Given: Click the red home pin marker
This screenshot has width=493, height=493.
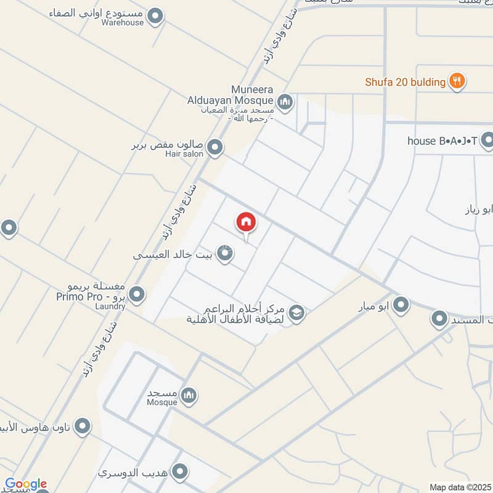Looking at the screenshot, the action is tap(246, 222).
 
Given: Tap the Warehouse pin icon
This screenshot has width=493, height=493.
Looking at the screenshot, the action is tap(157, 17).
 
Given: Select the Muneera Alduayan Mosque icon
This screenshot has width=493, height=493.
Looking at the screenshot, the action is tap(284, 102).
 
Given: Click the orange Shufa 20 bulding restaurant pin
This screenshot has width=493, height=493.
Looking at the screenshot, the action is tap(457, 81).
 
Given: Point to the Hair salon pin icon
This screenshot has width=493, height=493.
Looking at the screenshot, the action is tap(214, 147).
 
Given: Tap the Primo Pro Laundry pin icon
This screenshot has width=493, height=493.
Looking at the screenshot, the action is tap(137, 295).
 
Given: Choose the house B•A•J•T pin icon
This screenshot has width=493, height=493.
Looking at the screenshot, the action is tap(487, 141).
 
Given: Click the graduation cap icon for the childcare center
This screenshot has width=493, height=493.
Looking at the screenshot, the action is tap(296, 313).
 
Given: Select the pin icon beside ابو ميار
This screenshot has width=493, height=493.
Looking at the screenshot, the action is tap(401, 304).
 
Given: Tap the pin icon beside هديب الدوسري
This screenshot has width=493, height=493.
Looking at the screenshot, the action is tap(180, 472).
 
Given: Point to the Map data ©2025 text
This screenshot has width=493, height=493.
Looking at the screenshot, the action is tap(460, 487).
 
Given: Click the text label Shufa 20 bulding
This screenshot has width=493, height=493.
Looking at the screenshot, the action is tap(405, 82).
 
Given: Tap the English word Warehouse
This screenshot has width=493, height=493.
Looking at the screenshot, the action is tap(123, 23).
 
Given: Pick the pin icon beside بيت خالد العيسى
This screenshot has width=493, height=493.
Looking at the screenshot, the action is tap(226, 253).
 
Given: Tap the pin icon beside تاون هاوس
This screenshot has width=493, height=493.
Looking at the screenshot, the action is tap(82, 426).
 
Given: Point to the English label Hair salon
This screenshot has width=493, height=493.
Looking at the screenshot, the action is tap(184, 154).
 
